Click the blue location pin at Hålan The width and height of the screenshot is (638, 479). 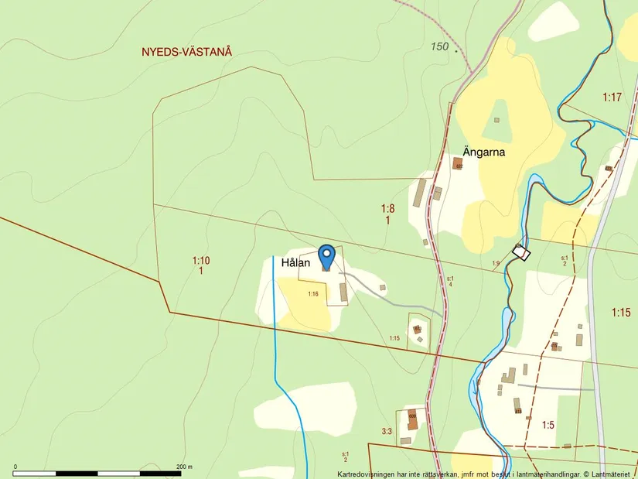click(327, 256)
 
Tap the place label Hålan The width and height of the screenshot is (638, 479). click(295, 263)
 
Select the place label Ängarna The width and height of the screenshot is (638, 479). click(484, 152)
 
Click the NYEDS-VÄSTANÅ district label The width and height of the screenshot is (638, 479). click(186, 52)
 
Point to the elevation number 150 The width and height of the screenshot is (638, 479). click(440, 46)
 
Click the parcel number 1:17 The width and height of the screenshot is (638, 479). click(612, 97)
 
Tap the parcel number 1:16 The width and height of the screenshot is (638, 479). click(313, 294)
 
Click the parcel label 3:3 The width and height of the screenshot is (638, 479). click(387, 431)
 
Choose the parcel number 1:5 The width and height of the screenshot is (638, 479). click(548, 424)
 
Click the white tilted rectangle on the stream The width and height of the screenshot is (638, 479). click(522, 252)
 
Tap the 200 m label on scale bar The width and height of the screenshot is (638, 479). click(183, 467)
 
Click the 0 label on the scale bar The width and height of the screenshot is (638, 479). click(15, 467)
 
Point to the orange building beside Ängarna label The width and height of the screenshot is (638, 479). click(458, 164)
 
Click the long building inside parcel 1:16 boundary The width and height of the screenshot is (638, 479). click(343, 292)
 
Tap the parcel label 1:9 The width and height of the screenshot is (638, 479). click(496, 264)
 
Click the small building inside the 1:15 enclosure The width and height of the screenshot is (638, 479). click(418, 329)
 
